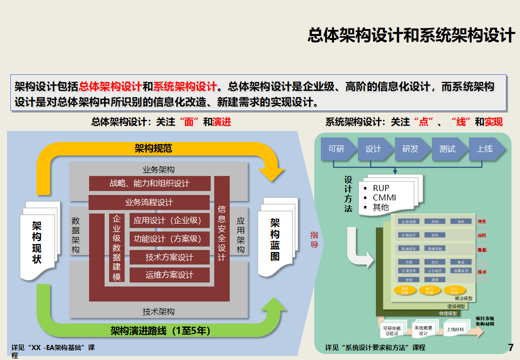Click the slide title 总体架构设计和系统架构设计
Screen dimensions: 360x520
tap(411, 35)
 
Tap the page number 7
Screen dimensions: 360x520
tap(510, 347)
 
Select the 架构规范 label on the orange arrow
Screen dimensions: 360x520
tap(153, 148)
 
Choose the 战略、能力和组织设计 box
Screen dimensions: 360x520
tap(150, 183)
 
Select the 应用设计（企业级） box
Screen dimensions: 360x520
tap(168, 220)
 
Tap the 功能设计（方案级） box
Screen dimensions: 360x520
tap(168, 239)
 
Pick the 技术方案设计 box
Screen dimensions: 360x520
tap(169, 257)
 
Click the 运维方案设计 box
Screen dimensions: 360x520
tap(169, 275)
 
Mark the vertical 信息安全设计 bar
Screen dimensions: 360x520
tap(222, 232)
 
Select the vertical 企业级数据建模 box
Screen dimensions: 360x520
tap(117, 248)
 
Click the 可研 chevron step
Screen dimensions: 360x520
tap(336, 148)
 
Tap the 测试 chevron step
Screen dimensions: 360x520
tap(447, 148)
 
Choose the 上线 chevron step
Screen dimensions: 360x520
tap(484, 148)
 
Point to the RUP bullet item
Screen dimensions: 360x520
tap(381, 188)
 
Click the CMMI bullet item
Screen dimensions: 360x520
tap(384, 197)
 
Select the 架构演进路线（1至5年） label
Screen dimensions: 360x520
tap(160, 330)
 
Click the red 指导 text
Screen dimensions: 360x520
tap(314, 239)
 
